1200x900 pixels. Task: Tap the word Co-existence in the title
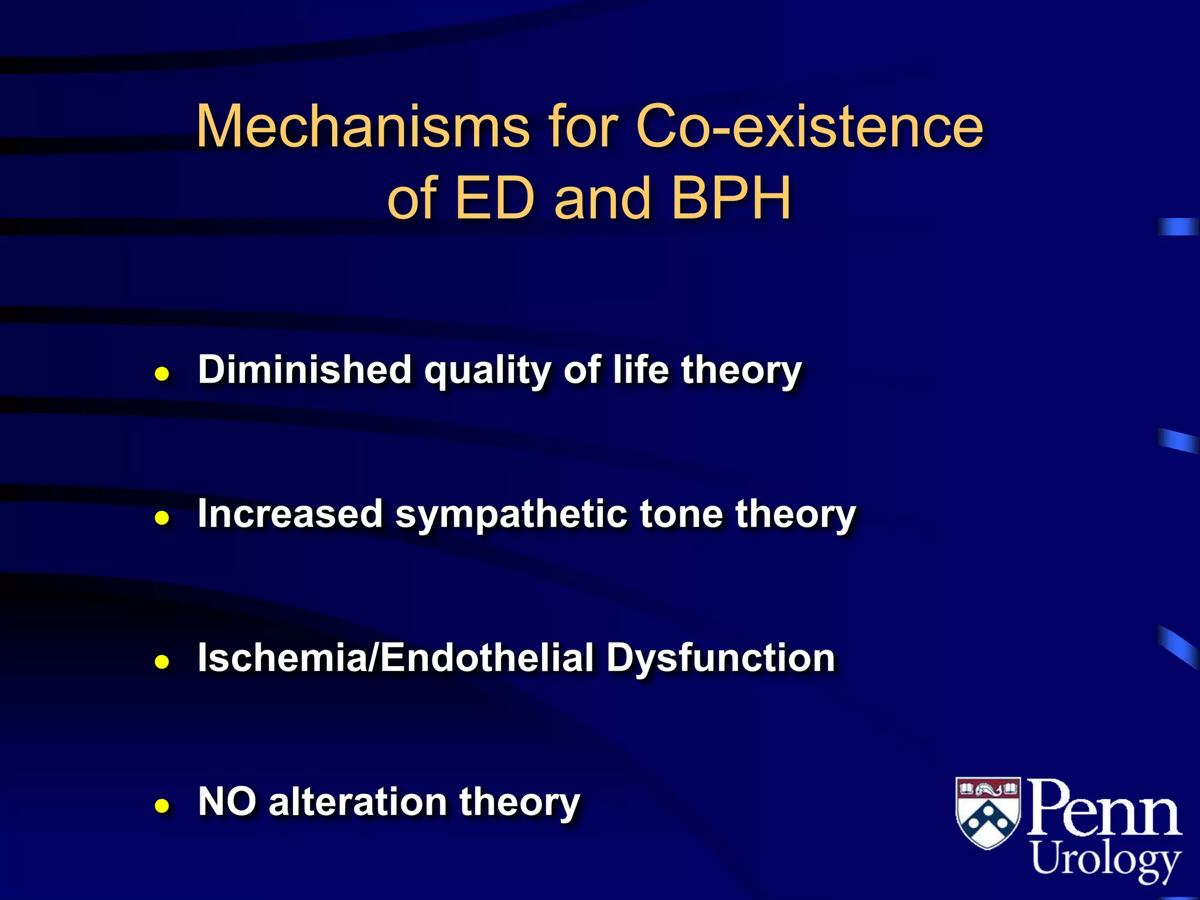tap(809, 127)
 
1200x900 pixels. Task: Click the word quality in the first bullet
tap(487, 371)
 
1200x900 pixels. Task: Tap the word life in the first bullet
tap(640, 370)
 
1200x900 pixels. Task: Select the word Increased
tap(290, 514)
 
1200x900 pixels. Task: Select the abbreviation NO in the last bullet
tap(227, 802)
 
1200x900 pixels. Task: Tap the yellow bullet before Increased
tap(162, 518)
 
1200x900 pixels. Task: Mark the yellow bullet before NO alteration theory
tap(162, 806)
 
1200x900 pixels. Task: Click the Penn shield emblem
tap(988, 812)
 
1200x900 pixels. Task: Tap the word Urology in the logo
tap(1105, 860)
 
